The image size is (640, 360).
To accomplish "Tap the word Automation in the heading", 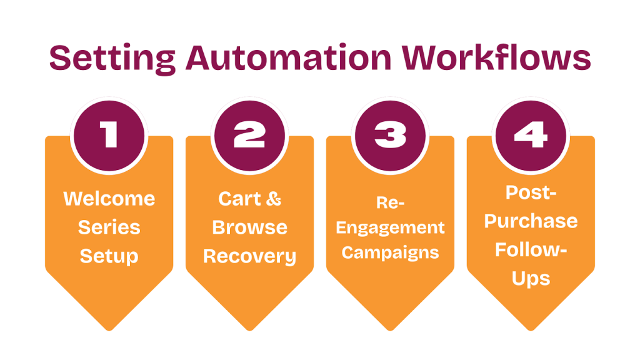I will tap(287, 58).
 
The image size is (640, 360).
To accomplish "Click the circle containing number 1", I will tap(109, 135).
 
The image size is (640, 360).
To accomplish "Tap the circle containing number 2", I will tap(249, 135).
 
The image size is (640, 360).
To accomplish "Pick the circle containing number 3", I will tap(390, 135).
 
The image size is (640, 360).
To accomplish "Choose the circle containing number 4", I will tap(531, 135).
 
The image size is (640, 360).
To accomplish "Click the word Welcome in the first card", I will tap(109, 199).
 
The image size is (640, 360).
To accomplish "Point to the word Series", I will tap(109, 227).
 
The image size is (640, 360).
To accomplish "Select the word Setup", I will tap(109, 256).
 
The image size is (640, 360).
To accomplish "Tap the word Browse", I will tap(249, 227).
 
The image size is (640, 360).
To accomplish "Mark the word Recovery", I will tap(249, 256).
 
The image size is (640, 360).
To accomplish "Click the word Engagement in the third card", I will tap(390, 227).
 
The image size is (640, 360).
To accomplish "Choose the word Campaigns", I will tap(390, 252).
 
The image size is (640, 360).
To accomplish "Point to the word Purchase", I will tap(531, 221).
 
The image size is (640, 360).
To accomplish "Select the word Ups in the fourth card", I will tap(531, 278).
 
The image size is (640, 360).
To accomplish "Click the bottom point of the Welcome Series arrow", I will tap(109, 328).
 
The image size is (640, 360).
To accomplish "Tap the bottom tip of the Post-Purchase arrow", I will tap(531, 328).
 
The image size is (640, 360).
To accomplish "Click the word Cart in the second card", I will tap(237, 199).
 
